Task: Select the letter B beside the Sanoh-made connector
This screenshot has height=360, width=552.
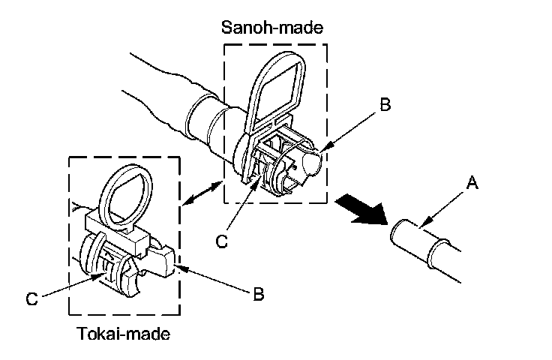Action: coord(385,105)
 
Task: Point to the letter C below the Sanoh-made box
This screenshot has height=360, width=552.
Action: coord(220,241)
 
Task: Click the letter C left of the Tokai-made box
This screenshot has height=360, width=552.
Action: coord(31,298)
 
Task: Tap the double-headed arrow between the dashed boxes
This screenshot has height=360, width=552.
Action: coord(204,192)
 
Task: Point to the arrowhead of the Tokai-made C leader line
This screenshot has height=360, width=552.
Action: coord(104,274)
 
